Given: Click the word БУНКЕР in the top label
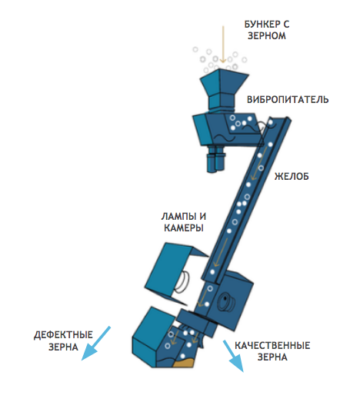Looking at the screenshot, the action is [262, 25].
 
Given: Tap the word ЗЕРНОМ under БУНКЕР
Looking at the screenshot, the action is [267, 35].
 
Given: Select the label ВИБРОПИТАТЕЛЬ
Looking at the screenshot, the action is [288, 99].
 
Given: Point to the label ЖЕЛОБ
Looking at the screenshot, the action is [292, 176].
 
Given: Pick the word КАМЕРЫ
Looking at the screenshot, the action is [184, 228].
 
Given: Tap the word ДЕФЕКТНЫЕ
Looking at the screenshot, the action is [63, 335].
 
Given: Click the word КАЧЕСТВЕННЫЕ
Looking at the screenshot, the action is [272, 346].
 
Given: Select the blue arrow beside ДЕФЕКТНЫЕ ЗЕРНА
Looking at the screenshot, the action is [95, 344].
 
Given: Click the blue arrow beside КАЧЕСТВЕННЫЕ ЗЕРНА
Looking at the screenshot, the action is [233, 356].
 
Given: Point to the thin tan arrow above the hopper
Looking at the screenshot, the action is [223, 44].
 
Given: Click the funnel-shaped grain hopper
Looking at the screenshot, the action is [223, 90].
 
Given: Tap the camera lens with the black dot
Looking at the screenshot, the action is [226, 300].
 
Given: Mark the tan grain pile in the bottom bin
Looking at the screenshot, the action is [184, 362].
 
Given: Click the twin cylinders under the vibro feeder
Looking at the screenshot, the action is [216, 158].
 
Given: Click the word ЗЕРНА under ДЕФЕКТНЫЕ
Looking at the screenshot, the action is [63, 347].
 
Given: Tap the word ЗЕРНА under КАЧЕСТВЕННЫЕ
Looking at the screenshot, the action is [272, 357].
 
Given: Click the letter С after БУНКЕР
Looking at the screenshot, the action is [286, 25].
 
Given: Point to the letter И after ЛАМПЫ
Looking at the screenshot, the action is [203, 217].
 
